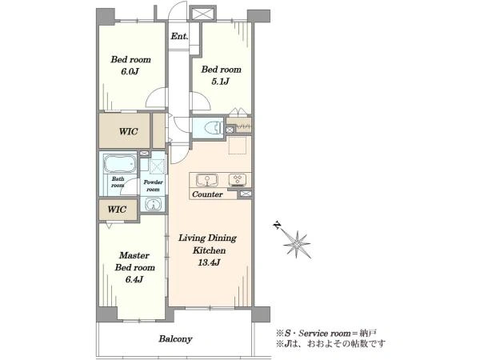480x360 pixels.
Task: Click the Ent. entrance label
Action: point(179,36)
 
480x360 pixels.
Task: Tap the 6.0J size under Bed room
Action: point(130,72)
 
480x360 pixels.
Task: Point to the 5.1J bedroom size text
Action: point(221,82)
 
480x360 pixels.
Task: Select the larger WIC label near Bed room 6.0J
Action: point(128,132)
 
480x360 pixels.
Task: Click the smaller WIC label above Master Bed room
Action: point(117,210)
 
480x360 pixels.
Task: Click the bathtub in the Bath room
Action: point(120,163)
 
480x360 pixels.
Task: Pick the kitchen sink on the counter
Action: point(207,180)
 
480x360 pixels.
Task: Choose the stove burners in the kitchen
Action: point(238,180)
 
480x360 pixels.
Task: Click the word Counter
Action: point(207,194)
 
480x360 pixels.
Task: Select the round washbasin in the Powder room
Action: point(153,204)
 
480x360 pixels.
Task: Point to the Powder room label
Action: point(153,186)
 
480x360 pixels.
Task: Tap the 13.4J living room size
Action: point(209,262)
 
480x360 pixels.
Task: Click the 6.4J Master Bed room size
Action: point(134,279)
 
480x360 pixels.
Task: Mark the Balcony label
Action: point(175,339)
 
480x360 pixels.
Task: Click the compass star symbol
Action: point(298,244)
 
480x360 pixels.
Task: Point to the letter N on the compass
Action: point(277,226)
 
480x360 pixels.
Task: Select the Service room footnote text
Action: point(326,333)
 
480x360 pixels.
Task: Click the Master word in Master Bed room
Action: point(134,255)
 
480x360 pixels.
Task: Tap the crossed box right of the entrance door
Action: point(202,13)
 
